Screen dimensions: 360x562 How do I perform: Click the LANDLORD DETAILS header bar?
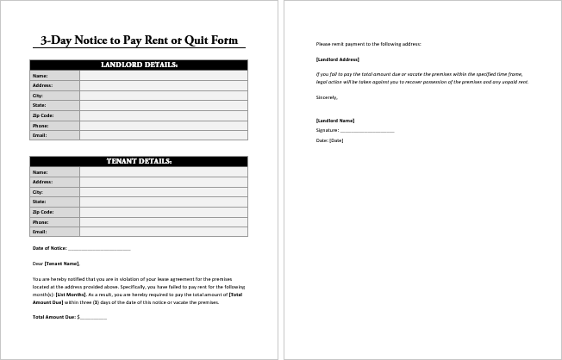coord(139,65)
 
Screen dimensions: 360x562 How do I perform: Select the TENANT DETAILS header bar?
coord(139,161)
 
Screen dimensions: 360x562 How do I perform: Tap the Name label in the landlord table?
coord(40,76)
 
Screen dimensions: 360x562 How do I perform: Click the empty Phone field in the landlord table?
coord(163,125)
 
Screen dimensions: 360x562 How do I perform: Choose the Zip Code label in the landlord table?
coord(43,115)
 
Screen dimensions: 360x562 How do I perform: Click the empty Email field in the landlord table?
coord(163,135)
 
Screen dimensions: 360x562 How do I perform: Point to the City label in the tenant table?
coord(38,192)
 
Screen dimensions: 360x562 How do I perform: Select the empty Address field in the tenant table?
coord(163,182)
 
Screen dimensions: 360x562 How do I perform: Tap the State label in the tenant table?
coord(39,202)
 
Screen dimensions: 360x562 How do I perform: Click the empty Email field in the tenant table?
coord(163,232)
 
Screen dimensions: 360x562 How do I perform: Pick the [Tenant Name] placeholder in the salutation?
coord(61,264)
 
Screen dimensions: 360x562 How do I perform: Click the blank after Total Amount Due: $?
coord(93,318)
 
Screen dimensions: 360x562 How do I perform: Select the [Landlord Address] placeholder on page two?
coord(338,59)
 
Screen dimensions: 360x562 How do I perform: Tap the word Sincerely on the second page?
coord(327,97)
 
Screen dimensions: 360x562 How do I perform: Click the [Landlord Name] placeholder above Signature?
coord(335,121)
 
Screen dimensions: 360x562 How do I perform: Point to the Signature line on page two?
coord(366,130)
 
